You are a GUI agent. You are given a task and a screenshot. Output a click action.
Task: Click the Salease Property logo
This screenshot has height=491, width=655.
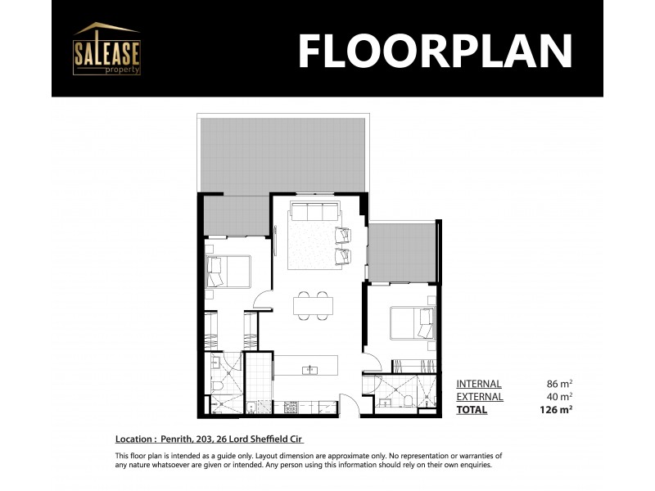coord(106,49)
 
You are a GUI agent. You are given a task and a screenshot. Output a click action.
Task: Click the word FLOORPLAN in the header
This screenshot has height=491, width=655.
coord(434,51)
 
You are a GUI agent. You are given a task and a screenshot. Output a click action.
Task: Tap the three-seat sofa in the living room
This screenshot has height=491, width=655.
coord(310,213)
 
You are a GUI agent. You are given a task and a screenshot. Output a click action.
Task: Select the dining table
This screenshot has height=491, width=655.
coord(313,305)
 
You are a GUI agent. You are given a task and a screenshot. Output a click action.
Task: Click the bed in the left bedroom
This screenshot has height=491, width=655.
coord(228,272)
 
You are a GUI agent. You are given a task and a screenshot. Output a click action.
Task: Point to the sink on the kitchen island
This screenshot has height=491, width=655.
coord(310,370)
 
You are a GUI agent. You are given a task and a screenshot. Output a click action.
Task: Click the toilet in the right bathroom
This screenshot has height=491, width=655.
coord(407,399)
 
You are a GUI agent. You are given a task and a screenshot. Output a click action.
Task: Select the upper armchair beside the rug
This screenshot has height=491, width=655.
coord(343,235)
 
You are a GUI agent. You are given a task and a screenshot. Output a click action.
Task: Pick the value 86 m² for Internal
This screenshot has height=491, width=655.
coord(560,384)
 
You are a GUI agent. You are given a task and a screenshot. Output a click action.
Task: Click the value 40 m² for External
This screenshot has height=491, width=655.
coord(560,397)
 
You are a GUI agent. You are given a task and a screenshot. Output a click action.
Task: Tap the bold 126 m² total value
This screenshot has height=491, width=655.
coord(557,410)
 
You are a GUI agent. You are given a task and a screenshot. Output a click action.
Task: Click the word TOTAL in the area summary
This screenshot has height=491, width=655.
coord(472,410)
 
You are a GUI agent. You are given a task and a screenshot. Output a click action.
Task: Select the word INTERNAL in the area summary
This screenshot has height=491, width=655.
coord(479,384)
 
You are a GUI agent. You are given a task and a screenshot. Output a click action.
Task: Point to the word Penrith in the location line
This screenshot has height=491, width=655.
coord(177,439)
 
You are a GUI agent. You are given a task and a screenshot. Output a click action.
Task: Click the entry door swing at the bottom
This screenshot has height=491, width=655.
coord(347,403)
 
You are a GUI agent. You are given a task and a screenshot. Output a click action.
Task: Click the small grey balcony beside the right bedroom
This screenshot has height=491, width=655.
coord(401,251)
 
